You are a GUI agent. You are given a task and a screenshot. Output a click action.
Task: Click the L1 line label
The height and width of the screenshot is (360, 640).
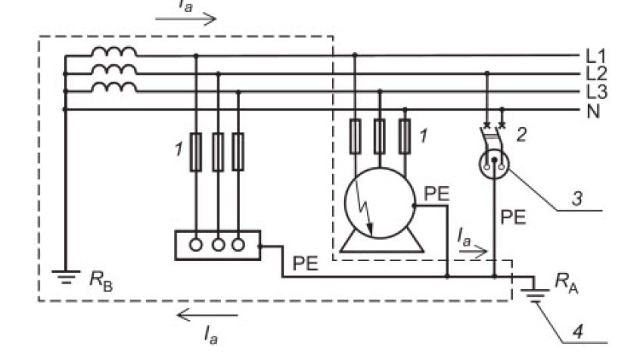(x=596, y=56)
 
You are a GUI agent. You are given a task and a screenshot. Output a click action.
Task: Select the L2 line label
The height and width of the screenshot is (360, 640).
(x=596, y=74)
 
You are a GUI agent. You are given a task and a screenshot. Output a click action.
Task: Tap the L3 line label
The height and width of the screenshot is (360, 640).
(x=596, y=92)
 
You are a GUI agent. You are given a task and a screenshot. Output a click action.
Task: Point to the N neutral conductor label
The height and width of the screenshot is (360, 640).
(x=593, y=111)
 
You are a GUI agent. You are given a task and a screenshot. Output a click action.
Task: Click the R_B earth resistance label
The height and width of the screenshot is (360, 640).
(x=101, y=281)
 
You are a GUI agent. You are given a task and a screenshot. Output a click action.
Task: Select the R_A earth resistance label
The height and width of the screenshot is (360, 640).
(x=567, y=282)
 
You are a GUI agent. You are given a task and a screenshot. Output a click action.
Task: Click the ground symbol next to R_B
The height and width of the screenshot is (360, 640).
(x=66, y=277)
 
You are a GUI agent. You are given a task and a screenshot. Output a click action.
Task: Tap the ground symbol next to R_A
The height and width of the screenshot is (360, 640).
(x=535, y=296)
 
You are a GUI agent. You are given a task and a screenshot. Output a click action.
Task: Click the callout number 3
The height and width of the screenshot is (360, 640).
(x=577, y=198)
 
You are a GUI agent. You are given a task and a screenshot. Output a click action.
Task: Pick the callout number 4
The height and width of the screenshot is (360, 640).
(x=578, y=332)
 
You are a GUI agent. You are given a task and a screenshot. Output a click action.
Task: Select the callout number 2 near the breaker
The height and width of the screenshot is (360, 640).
(x=521, y=135)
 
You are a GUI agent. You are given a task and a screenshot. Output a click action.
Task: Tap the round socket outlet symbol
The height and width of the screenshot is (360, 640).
(x=494, y=163)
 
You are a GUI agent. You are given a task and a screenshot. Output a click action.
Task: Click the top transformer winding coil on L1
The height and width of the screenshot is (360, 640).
(x=114, y=52)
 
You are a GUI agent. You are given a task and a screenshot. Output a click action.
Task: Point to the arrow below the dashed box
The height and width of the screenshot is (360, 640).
(x=207, y=315)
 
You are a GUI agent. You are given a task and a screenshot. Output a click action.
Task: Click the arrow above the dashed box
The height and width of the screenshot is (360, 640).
(x=185, y=19)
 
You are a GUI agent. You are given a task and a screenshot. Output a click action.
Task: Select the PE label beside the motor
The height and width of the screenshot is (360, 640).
(x=437, y=194)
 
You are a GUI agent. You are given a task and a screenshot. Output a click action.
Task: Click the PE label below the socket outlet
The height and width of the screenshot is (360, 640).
(x=513, y=217)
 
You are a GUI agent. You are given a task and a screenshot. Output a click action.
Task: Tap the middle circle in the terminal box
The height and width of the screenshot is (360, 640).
(x=219, y=245)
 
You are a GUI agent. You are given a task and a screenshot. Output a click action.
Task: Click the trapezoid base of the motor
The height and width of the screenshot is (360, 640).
(x=381, y=245)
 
